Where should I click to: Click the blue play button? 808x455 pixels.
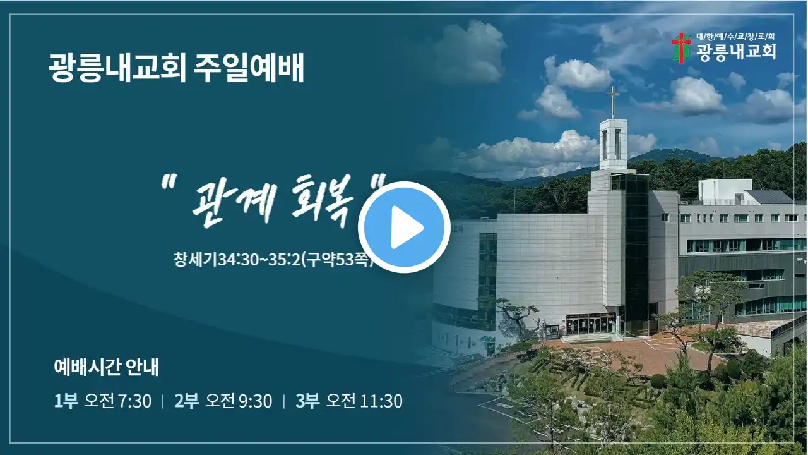click(x=404, y=227)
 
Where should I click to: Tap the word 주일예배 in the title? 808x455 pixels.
click(x=249, y=68)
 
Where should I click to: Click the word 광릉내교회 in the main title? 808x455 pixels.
click(x=117, y=68)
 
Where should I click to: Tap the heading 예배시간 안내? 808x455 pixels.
click(x=107, y=367)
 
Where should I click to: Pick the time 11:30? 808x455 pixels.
click(x=381, y=401)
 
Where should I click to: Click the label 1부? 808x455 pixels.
click(x=66, y=401)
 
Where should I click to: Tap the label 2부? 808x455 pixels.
click(x=186, y=401)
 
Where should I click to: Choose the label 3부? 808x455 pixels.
click(x=307, y=401)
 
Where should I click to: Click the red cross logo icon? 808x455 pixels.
click(x=681, y=48)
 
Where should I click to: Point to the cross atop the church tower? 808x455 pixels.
click(x=612, y=102)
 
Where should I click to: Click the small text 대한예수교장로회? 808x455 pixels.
click(x=735, y=37)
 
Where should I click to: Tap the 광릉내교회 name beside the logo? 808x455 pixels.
click(x=736, y=52)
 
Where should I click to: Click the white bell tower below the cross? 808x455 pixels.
click(x=613, y=145)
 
